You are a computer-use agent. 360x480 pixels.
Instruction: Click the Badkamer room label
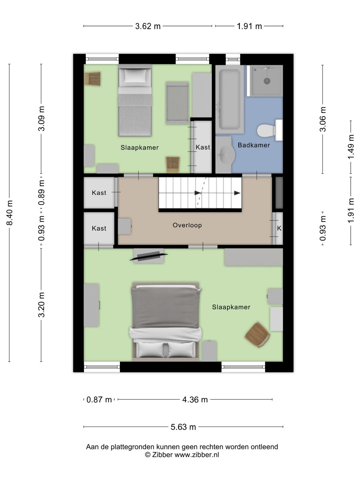click(254, 145)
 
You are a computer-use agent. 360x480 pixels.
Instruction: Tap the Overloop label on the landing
click(187, 225)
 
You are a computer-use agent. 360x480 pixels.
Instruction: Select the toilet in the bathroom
click(270, 130)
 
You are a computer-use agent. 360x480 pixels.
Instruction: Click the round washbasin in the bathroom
click(226, 155)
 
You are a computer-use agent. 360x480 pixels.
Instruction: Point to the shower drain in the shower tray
click(267, 81)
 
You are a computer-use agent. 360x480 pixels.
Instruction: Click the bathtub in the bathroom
click(230, 99)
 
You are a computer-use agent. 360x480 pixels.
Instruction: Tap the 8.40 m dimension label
click(10, 213)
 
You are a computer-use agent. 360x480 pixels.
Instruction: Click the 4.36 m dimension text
click(195, 400)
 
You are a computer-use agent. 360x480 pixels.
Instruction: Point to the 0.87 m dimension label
click(99, 400)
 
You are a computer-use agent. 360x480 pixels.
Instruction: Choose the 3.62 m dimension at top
click(148, 26)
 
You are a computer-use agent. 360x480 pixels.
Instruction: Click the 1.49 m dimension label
click(351, 147)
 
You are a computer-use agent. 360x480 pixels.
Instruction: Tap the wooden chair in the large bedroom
click(257, 334)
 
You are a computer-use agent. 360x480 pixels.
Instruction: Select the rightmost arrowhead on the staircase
click(237, 193)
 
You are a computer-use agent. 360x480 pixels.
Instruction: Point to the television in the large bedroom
click(149, 256)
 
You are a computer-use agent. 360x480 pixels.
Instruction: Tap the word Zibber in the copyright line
click(162, 455)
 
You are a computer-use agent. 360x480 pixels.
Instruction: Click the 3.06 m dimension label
click(323, 119)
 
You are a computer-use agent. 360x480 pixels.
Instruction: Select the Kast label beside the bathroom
click(203, 147)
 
